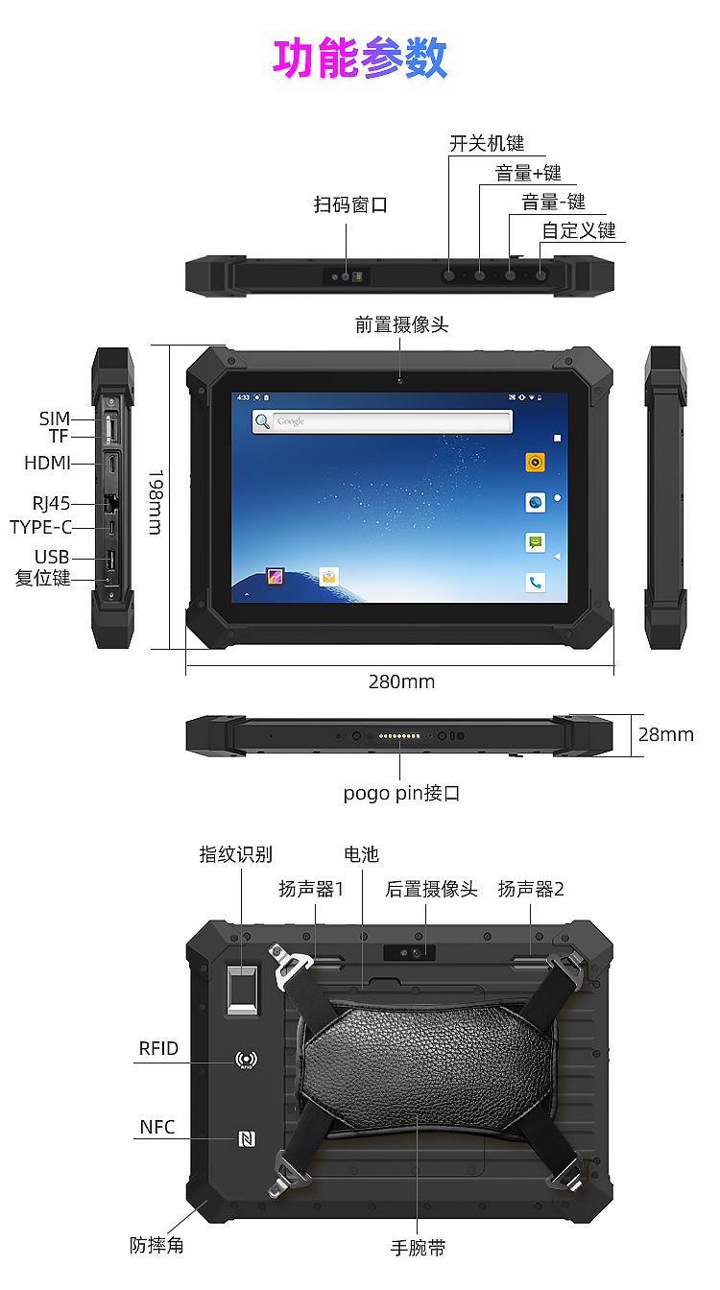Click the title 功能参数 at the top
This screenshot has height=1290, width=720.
click(x=360, y=58)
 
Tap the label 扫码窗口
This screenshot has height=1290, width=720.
click(x=350, y=204)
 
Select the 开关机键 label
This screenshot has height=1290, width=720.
click(x=487, y=143)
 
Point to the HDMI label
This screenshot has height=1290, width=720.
click(x=47, y=463)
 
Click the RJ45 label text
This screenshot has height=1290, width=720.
click(x=51, y=503)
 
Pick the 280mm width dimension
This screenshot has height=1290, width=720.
click(x=401, y=681)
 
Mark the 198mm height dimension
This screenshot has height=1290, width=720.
click(x=156, y=502)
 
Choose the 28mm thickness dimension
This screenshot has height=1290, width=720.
click(x=666, y=734)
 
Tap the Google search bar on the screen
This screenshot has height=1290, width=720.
click(x=382, y=421)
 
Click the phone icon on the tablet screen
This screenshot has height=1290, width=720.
click(x=535, y=583)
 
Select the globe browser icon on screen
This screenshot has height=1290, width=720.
click(x=535, y=502)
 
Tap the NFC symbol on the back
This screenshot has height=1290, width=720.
click(x=247, y=1138)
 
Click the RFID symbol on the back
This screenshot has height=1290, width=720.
click(x=247, y=1060)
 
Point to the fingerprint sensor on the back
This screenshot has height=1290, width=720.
click(x=243, y=990)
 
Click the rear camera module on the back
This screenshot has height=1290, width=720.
click(x=410, y=952)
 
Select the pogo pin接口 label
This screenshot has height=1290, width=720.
click(x=401, y=793)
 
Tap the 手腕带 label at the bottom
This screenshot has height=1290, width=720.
click(x=419, y=1248)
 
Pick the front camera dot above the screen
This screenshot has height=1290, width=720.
click(x=399, y=380)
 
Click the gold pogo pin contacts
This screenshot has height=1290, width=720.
click(x=399, y=736)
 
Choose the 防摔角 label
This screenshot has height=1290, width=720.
click(x=156, y=1245)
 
